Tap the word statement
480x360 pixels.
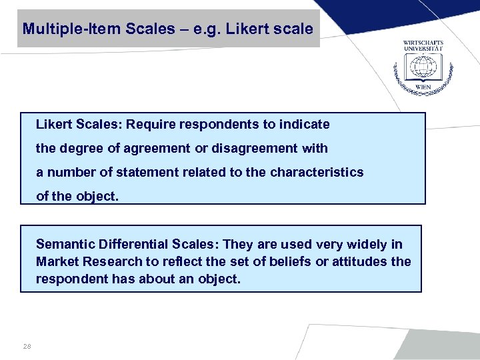pos(145,172)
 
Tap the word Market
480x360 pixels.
pos(56,261)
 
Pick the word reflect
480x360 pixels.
pos(175,261)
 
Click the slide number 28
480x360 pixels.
pos(27,345)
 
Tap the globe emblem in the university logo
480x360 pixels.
pos(423,67)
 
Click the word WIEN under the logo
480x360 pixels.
pos(423,87)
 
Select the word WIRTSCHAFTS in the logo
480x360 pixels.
pos(423,43)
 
